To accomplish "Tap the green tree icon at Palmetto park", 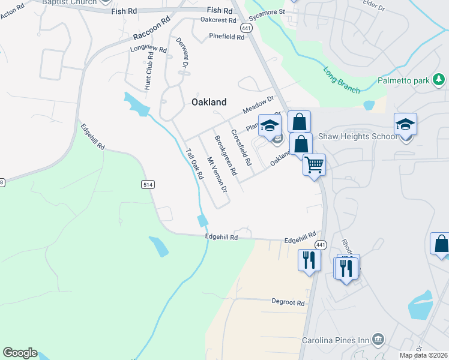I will [x=439, y=79].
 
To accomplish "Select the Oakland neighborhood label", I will [x=209, y=102].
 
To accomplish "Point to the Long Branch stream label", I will [x=342, y=80].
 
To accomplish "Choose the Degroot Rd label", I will [x=288, y=302].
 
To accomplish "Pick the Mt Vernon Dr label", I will [x=217, y=175].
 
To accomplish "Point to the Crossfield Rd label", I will [x=241, y=148].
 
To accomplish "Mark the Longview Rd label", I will [x=148, y=47].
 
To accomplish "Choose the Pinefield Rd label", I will [x=227, y=37].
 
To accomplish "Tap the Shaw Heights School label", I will [x=357, y=136].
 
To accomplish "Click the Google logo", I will [x=20, y=353].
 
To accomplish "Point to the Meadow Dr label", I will [x=258, y=106].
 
